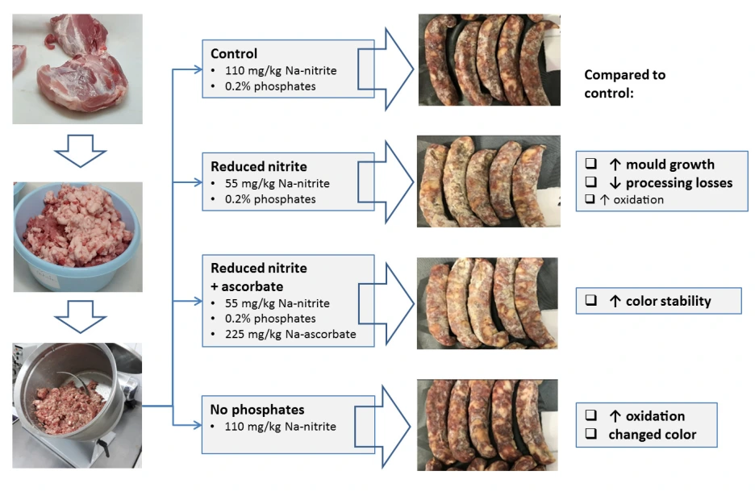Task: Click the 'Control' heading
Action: click(234, 54)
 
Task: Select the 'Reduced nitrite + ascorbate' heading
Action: click(259, 277)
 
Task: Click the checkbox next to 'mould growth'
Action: click(590, 165)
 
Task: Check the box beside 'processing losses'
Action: click(590, 183)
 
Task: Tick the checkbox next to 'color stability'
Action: click(590, 302)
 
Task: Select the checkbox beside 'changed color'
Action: click(590, 435)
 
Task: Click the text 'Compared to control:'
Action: click(625, 83)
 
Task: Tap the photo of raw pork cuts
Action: click(77, 69)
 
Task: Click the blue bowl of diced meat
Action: click(77, 236)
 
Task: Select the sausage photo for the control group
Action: click(489, 60)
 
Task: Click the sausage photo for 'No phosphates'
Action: click(489, 424)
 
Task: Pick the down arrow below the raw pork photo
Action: click(77, 150)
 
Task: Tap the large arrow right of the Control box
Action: click(394, 69)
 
